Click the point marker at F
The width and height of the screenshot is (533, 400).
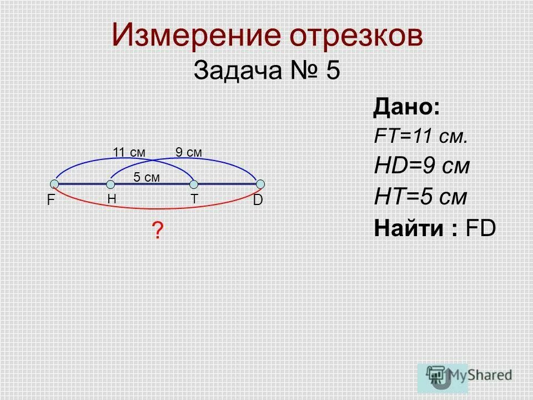click(54, 184)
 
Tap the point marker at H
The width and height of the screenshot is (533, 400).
click(111, 184)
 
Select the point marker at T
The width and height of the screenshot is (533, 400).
click(194, 184)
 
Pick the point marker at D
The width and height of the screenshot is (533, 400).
click(260, 184)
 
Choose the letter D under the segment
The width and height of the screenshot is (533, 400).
click(258, 201)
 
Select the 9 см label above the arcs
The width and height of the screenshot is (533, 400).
click(189, 152)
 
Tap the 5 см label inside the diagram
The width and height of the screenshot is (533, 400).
click(147, 177)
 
